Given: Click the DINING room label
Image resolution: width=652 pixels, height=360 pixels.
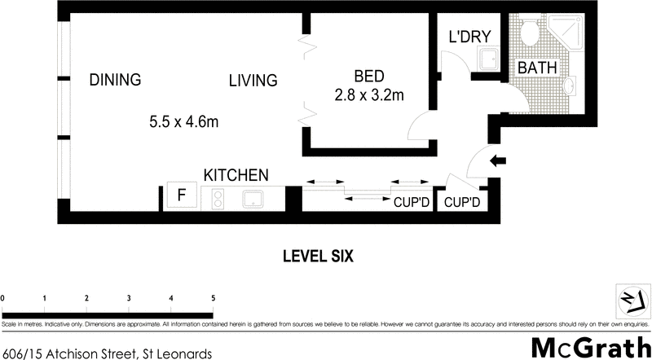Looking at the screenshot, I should tap(115, 80).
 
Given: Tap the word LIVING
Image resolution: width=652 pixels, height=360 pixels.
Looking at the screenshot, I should tap(253, 81).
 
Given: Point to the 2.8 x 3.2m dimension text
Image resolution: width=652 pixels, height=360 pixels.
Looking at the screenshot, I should tap(369, 95).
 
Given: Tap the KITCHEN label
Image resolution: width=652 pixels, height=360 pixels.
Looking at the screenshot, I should tap(236, 175).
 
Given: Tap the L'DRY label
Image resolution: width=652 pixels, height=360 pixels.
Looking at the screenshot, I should tap(469, 37).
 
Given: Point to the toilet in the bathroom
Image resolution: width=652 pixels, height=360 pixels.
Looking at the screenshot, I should tap(529, 33).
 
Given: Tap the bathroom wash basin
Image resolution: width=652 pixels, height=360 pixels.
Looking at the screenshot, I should tap(570, 87).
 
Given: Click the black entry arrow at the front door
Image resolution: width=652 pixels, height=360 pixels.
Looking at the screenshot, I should tap(496, 160).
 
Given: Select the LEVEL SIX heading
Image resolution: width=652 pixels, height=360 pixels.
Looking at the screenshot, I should tap(317, 256).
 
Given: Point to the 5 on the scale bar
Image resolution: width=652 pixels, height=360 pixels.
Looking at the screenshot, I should tap(214, 298).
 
